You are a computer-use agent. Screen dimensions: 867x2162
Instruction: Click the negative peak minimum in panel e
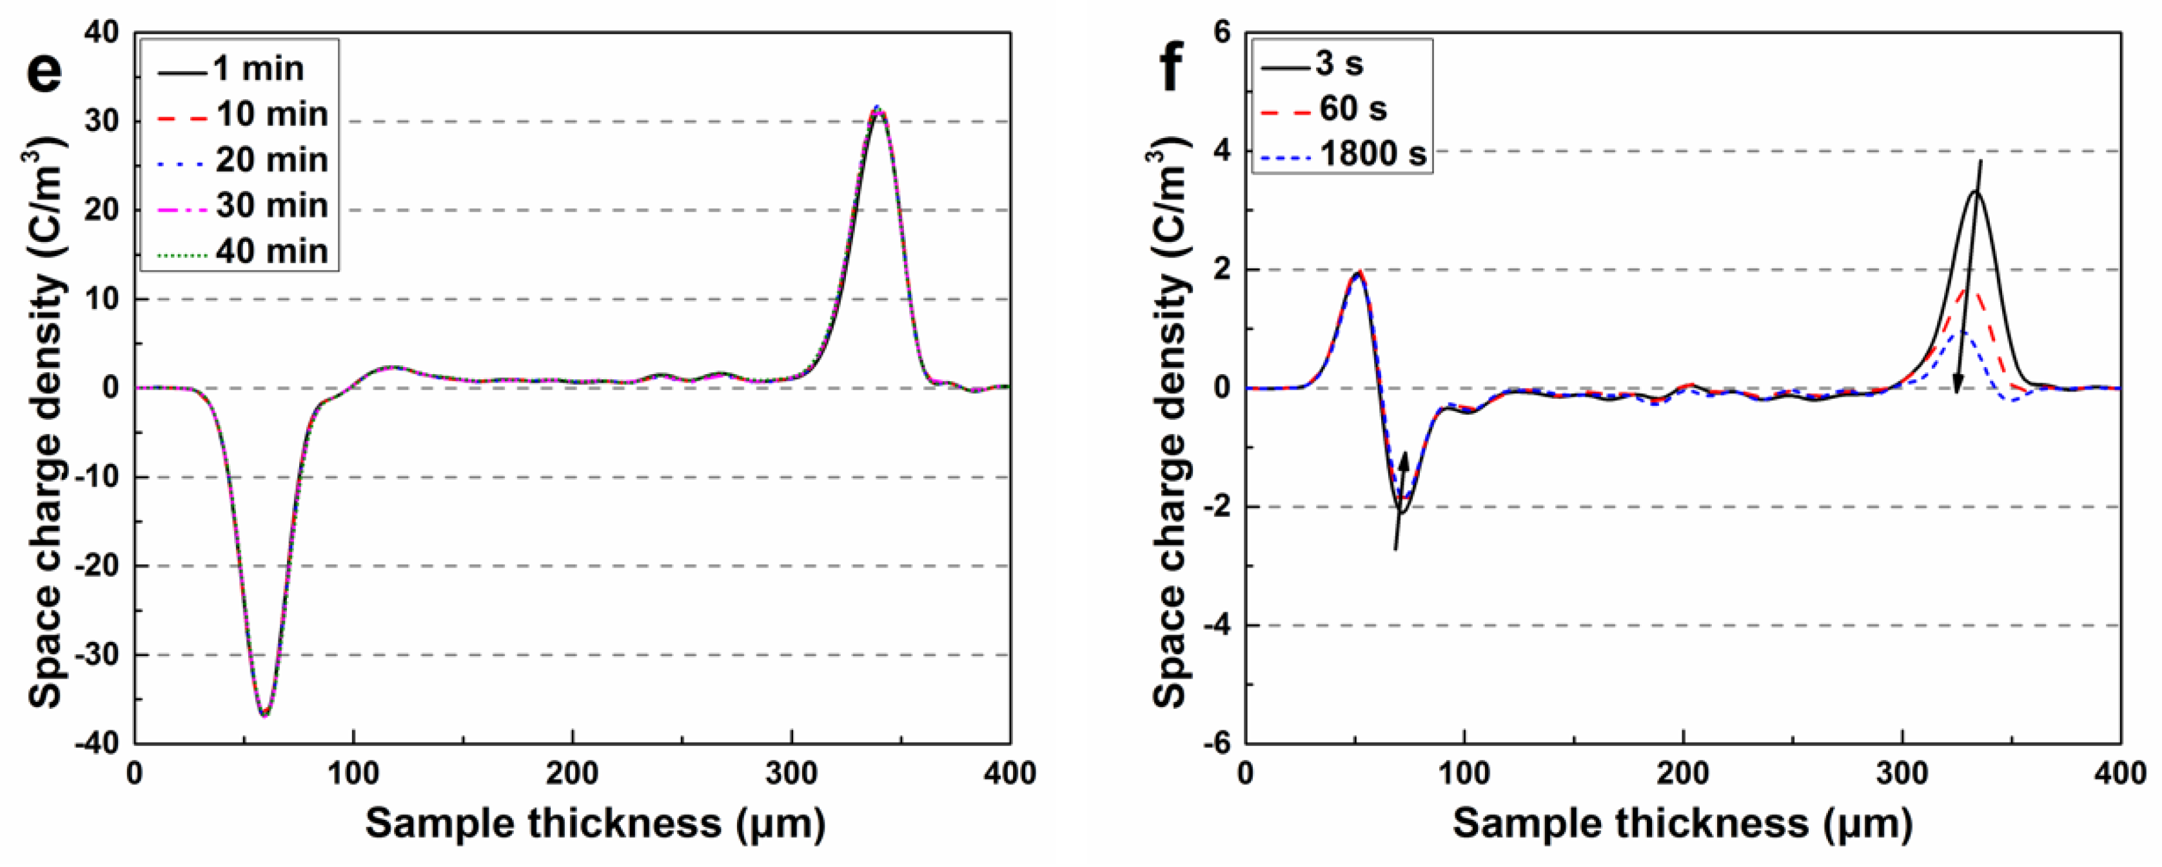[x=264, y=714]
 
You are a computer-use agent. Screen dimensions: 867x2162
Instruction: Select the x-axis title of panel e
[x=595, y=824]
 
